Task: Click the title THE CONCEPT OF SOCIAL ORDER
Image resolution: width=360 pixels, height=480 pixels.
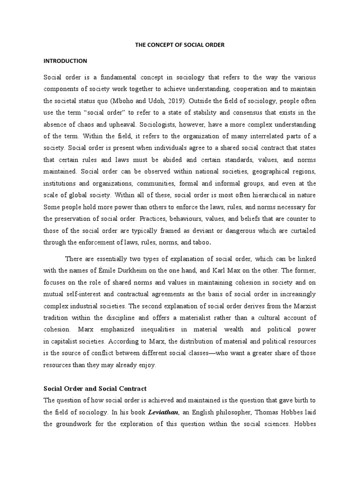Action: coord(179,45)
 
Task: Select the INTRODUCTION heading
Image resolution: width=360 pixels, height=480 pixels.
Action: coord(65,61)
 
